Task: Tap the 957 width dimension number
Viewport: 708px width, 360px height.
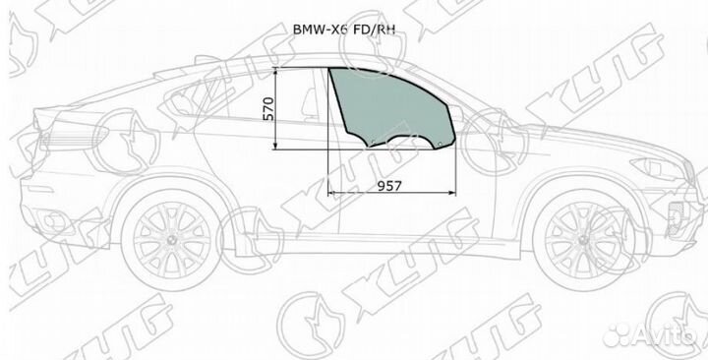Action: point(389,184)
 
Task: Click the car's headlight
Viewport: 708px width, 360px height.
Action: point(654,168)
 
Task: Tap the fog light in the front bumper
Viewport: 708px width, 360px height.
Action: point(678,217)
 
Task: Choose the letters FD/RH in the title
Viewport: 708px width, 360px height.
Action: point(364,28)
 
